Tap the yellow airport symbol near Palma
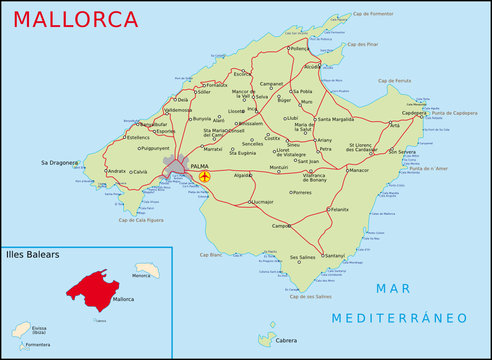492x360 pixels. click(x=205, y=176)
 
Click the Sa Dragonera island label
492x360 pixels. click(x=58, y=161)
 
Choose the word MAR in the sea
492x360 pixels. click(x=394, y=289)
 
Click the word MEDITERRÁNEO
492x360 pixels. click(x=400, y=318)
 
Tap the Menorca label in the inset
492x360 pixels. click(x=141, y=275)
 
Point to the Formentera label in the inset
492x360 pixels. click(x=37, y=345)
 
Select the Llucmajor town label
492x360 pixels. click(x=263, y=202)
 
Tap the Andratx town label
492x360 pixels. click(x=117, y=171)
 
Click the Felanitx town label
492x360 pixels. click(x=340, y=209)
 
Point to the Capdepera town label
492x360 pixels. click(x=412, y=113)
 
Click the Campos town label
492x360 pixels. click(x=281, y=226)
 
